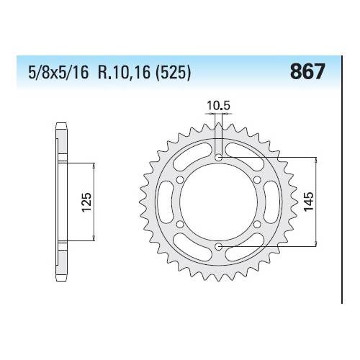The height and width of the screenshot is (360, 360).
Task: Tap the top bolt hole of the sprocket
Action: coord(219,156)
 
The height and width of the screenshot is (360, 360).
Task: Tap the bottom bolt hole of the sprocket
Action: coord(219,248)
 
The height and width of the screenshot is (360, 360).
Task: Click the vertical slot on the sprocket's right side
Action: coord(269,202)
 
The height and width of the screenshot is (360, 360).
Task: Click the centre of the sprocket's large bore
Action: coord(219,202)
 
